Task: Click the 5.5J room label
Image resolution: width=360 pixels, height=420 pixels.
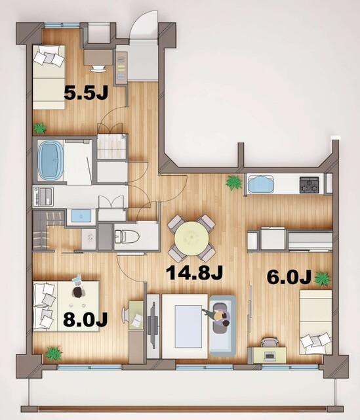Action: click(x=86, y=93)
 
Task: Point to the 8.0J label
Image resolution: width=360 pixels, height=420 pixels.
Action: click(x=86, y=320)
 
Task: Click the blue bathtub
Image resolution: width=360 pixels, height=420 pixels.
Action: click(x=50, y=160)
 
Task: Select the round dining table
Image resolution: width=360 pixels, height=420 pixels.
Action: click(x=191, y=238)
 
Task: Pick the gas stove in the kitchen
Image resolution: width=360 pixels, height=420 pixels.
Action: click(x=310, y=185)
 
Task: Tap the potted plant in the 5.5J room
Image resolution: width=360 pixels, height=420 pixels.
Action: click(x=41, y=127)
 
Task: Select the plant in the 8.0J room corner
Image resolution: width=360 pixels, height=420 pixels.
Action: click(x=52, y=354)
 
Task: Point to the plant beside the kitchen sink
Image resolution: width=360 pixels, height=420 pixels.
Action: click(x=233, y=182)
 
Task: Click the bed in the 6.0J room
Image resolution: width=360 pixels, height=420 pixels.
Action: click(x=315, y=320)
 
